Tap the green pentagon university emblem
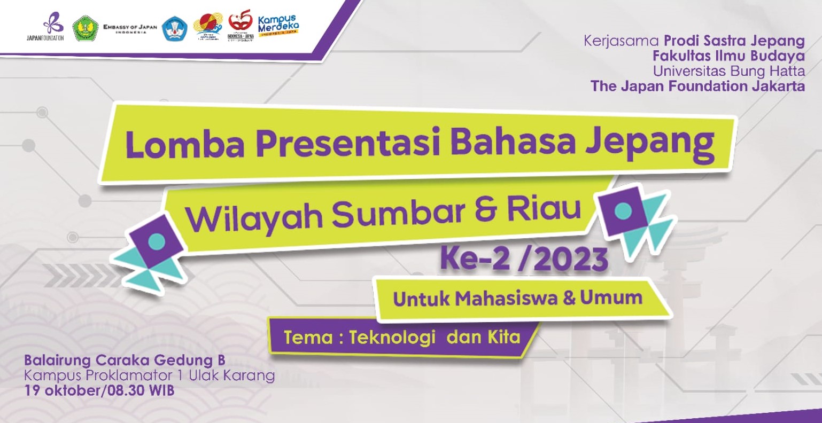pyautogui.click(x=86, y=28)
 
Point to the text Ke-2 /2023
pyautogui.click(x=524, y=260)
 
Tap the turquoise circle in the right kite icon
pyautogui.click(x=623, y=211)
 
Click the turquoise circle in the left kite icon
pyautogui.click(x=157, y=241)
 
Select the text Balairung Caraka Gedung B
pyautogui.click(x=128, y=360)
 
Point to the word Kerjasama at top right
pyautogui.click(x=622, y=41)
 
